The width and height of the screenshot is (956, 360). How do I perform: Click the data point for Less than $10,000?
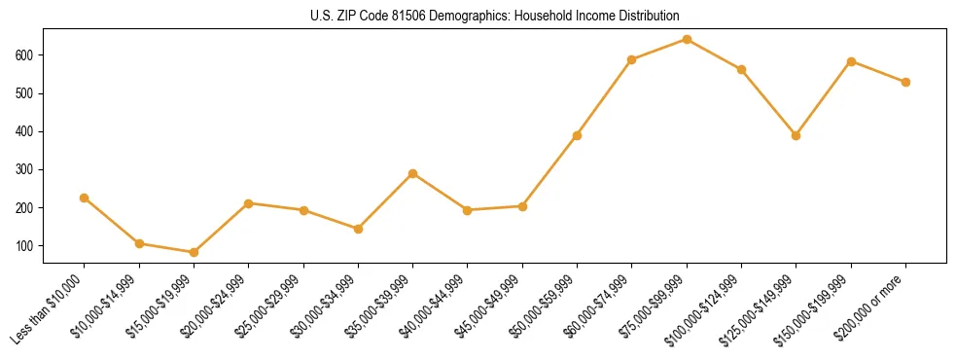pos(85,198)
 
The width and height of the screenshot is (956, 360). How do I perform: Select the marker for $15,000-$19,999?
pos(194,252)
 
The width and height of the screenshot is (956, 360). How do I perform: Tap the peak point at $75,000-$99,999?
pos(687,39)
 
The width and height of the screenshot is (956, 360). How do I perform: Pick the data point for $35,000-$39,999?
pos(413,173)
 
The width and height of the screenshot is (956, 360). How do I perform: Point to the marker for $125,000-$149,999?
pos(797,135)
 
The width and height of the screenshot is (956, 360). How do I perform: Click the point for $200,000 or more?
pos(905,82)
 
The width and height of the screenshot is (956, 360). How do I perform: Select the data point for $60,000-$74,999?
pos(632,59)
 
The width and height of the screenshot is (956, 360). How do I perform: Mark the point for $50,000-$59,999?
pos(578,135)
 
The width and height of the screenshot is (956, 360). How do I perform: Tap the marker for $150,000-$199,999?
pos(851,61)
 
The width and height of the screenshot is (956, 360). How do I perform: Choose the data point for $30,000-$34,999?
pos(358,229)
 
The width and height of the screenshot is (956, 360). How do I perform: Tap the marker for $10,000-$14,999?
pos(139,243)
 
